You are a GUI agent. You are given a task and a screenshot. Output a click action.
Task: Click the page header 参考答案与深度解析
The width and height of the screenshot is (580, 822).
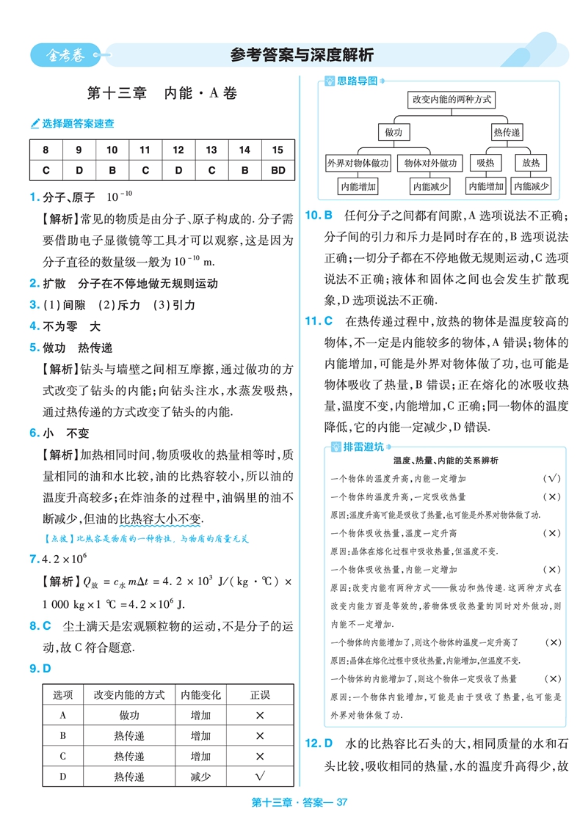coord(301,54)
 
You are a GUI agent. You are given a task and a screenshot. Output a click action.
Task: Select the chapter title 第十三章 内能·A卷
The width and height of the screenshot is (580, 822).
coord(162,94)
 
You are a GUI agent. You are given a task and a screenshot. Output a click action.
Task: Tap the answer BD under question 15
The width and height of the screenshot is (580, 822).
coord(277,171)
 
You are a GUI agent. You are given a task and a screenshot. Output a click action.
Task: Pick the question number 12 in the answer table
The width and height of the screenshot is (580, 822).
coord(178,150)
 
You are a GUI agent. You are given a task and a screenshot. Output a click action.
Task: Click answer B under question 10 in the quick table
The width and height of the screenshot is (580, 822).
coord(112,171)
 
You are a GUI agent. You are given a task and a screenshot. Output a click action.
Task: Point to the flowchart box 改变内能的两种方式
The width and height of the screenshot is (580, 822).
coord(452,98)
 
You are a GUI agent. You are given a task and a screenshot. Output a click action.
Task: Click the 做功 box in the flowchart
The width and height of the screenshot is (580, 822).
coord(394,132)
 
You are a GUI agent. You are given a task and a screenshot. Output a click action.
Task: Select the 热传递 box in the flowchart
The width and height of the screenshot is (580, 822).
coord(506,132)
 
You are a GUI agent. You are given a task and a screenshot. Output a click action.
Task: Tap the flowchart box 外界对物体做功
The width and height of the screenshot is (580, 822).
coord(358,163)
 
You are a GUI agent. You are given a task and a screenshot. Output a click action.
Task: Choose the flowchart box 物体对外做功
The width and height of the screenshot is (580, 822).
coord(430,163)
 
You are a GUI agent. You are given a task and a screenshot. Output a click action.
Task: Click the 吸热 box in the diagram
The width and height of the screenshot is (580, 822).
coord(485,163)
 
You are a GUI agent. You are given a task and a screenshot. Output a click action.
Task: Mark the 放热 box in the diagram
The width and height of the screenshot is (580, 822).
coord(530,163)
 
